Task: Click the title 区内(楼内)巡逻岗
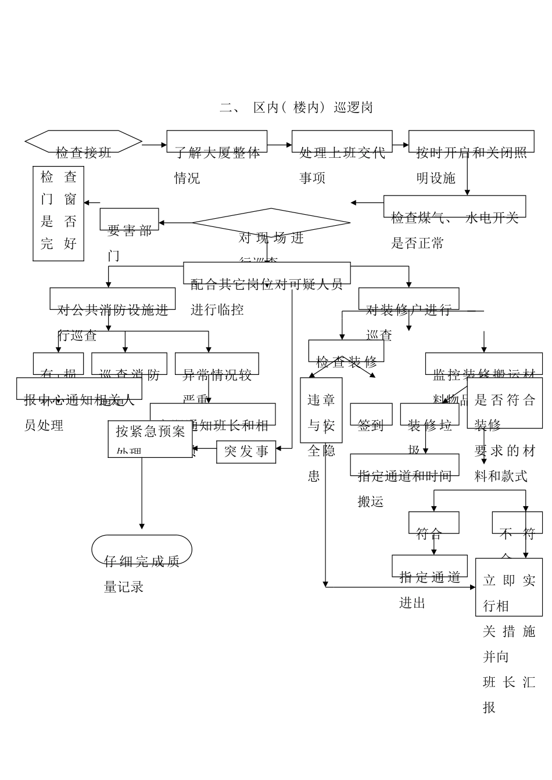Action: (x=296, y=107)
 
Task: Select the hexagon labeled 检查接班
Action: (x=84, y=142)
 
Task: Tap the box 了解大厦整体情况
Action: (x=217, y=142)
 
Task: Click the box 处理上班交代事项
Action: (x=342, y=142)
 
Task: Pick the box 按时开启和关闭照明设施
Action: (x=467, y=142)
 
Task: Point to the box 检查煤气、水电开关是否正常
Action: (x=454, y=207)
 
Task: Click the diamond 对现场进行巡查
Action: (x=271, y=223)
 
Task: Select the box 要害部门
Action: (x=129, y=219)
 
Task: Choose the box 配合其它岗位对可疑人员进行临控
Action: (x=267, y=273)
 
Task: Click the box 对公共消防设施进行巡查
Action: (x=112, y=299)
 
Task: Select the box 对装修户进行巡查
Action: (x=408, y=299)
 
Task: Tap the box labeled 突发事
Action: (x=246, y=452)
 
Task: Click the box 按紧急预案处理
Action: (x=150, y=439)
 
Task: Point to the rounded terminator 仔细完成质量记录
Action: (x=142, y=549)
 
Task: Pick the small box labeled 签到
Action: (x=371, y=414)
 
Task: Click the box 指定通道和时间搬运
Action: (x=404, y=465)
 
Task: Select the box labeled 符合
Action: (x=433, y=522)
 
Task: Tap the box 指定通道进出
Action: (x=429, y=566)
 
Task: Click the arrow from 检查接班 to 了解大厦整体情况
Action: (x=154, y=145)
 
